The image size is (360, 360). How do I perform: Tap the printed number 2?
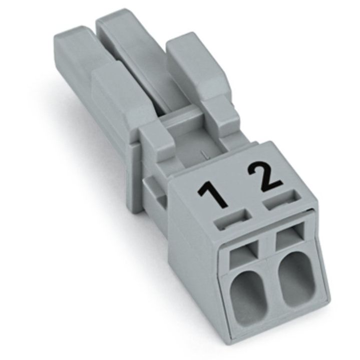264,177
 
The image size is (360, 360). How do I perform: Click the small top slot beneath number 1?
232,219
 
